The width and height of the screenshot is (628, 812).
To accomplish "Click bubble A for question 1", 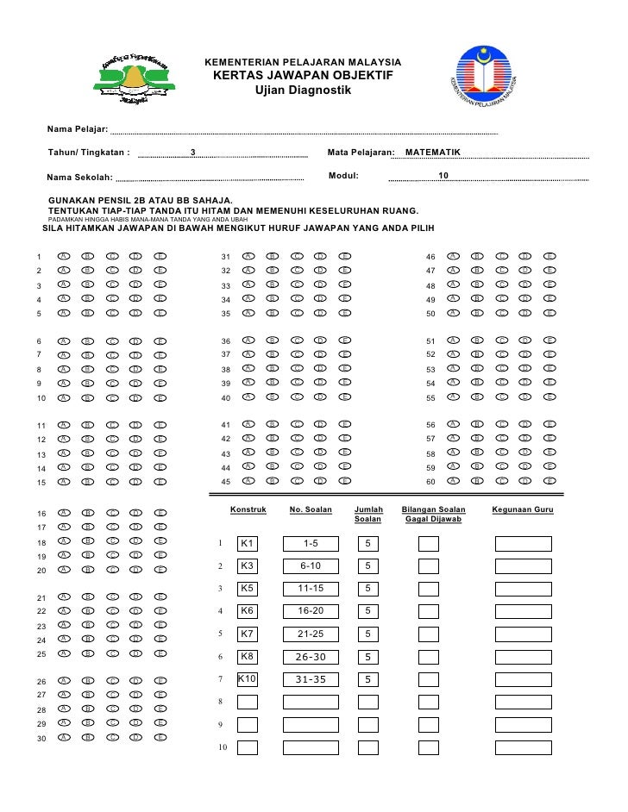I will click(63, 257).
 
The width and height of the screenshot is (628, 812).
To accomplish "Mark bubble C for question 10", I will click(111, 398).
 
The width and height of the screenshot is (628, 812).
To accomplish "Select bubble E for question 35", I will click(344, 314).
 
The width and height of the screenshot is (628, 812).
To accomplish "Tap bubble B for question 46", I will click(476, 257).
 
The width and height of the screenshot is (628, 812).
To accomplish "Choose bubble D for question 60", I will click(525, 481).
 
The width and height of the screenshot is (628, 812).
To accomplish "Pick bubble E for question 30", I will click(160, 738).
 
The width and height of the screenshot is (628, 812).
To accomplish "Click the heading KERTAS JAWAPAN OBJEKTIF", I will click(302, 77).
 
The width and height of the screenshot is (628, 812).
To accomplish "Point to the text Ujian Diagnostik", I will click(302, 91).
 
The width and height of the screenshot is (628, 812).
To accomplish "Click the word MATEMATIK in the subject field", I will click(432, 153).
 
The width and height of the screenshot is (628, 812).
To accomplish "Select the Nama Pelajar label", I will click(77, 129).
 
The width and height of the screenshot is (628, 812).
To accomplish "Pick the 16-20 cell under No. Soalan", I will click(311, 611).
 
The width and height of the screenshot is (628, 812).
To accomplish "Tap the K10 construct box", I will click(247, 678).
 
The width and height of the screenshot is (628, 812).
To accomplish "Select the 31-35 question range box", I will click(311, 679).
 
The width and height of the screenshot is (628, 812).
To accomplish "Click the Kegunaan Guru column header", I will click(522, 510).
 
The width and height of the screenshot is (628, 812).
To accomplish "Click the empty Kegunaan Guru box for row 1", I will click(523, 544).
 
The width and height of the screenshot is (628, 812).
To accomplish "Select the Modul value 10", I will click(443, 176).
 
